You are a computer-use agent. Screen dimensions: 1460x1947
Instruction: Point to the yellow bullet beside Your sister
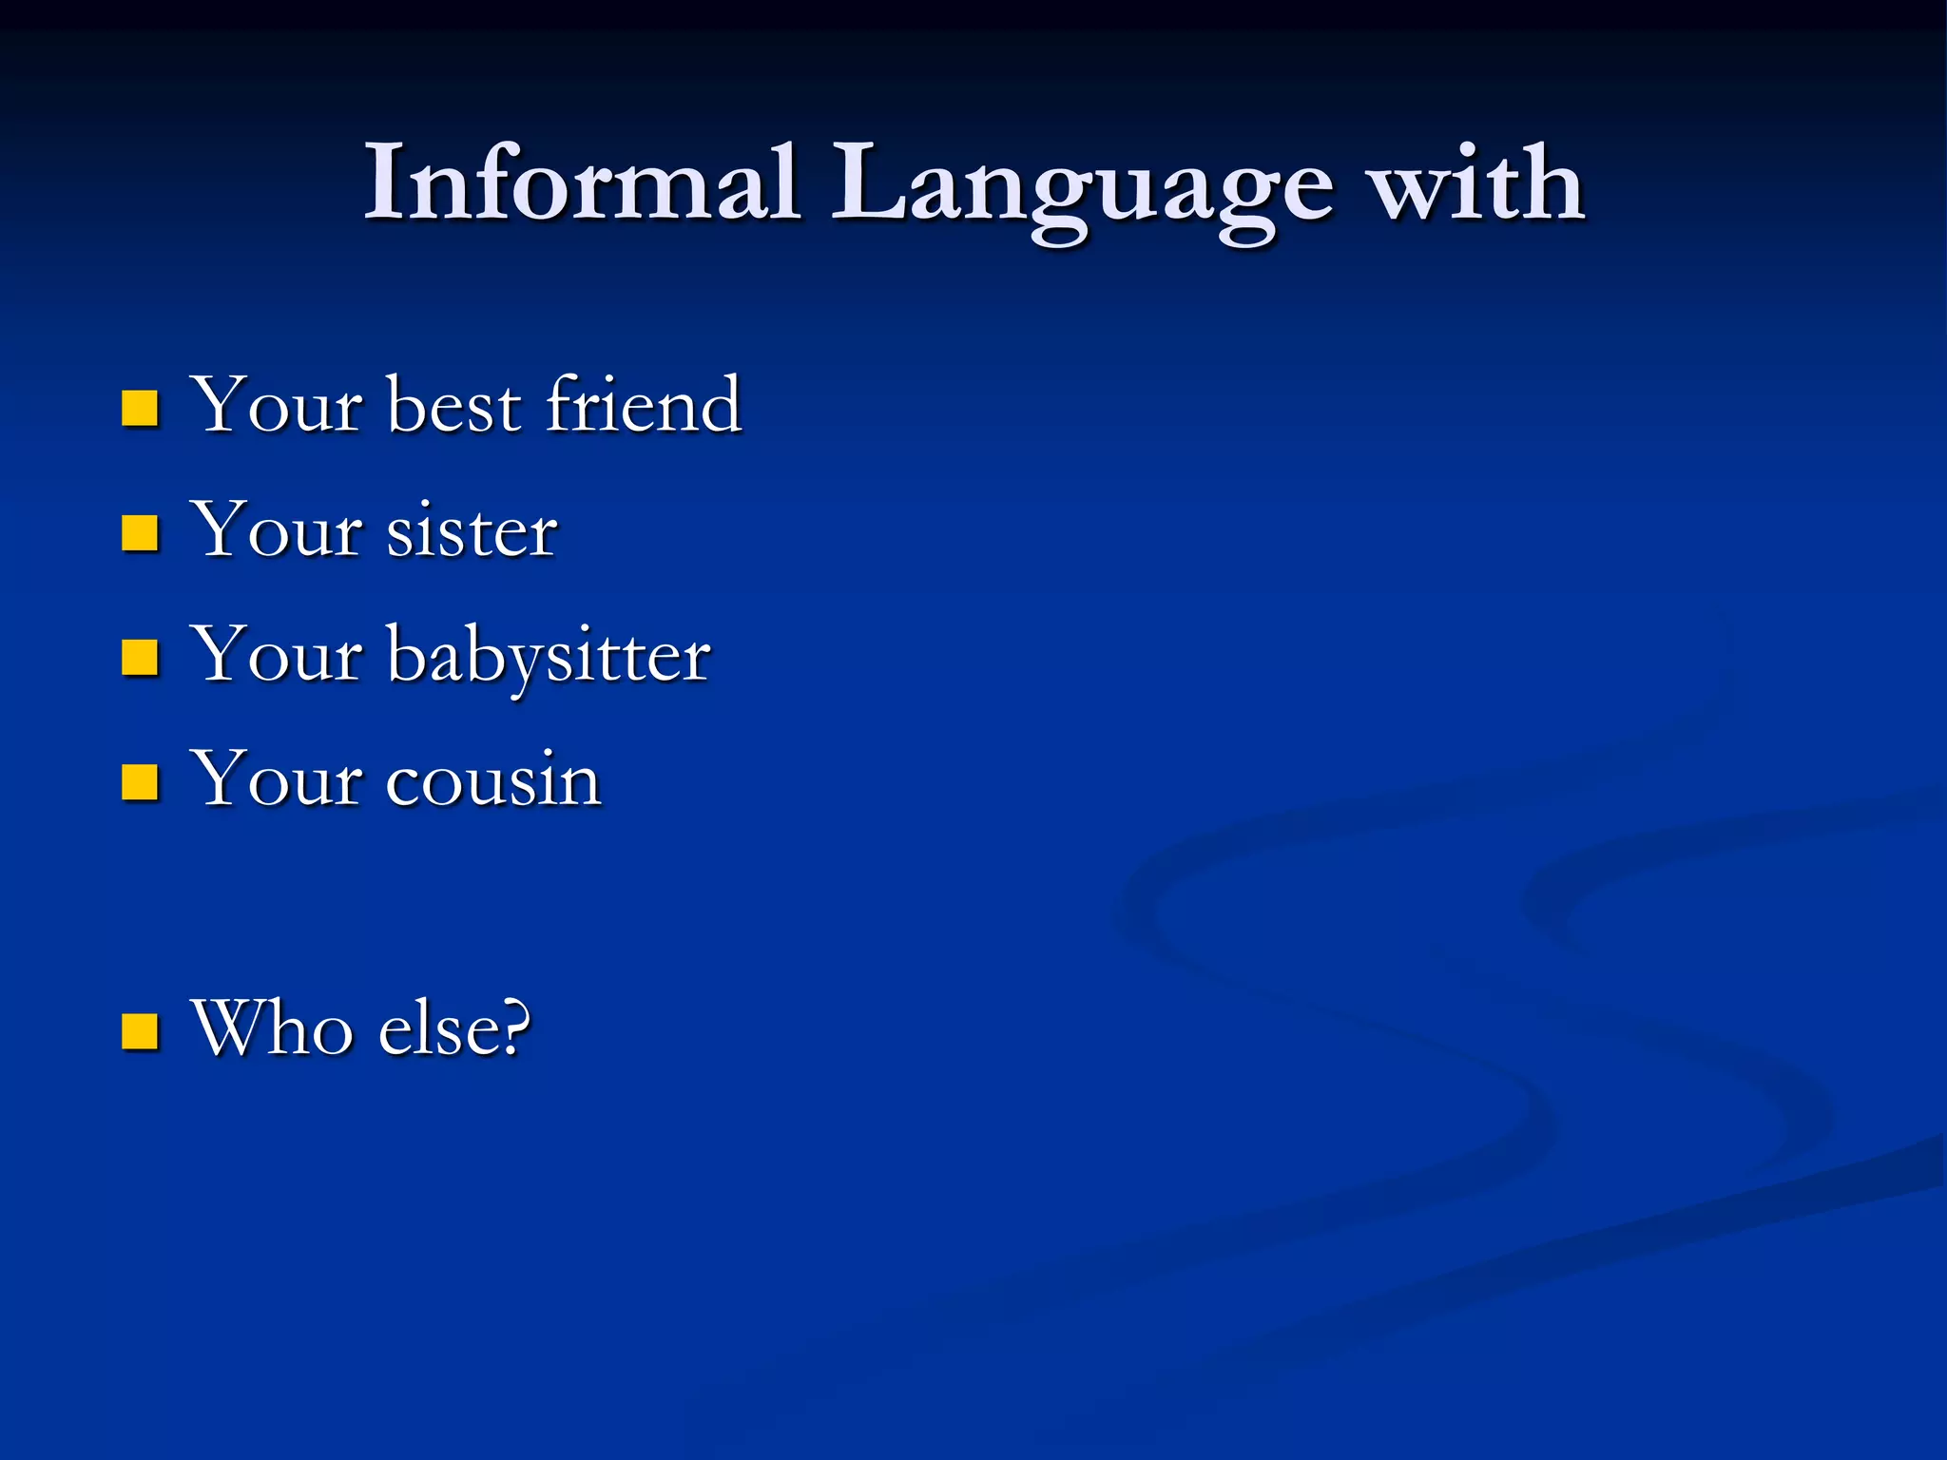(140, 533)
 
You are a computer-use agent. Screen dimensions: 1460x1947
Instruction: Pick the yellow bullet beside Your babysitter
(140, 657)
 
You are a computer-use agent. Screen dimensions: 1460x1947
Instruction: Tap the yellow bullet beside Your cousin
(140, 782)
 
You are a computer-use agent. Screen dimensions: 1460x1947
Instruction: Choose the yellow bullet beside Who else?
(140, 1031)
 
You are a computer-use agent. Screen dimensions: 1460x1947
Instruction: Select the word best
(454, 406)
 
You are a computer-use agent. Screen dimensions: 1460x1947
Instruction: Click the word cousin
(493, 780)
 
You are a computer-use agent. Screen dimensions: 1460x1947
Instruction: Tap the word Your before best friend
(277, 406)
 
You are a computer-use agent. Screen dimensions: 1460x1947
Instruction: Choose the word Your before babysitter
(277, 655)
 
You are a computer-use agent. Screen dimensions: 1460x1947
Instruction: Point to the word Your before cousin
(277, 780)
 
